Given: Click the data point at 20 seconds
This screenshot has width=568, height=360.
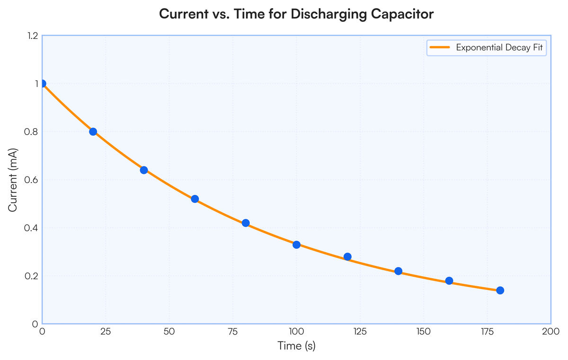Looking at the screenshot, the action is click(93, 132).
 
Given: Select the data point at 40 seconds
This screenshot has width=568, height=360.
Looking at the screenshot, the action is click(144, 170).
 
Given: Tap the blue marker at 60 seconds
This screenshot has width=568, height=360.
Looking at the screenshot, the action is click(195, 199).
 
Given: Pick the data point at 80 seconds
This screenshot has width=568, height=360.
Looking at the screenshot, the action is click(246, 223).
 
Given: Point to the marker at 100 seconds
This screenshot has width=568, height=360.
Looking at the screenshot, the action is click(296, 245).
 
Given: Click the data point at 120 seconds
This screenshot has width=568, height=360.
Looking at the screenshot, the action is click(347, 257).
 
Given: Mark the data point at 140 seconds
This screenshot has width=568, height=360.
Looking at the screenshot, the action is click(399, 271).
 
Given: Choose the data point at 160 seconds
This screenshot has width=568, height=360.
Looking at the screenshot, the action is click(449, 281).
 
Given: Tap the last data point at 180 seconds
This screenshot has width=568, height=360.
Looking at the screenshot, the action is click(500, 290).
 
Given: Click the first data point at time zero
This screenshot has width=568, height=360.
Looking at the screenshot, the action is click(42, 84).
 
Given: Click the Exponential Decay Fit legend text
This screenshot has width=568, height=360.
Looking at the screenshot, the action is click(499, 48).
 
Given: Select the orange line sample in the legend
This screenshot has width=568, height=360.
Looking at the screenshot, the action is click(440, 47).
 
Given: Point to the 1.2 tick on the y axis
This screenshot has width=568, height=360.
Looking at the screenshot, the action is click(33, 36).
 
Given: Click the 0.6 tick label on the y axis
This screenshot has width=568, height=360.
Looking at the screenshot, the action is click(31, 180).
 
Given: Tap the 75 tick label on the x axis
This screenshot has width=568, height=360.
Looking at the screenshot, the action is click(232, 332).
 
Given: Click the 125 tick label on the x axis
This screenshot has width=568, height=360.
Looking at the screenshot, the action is click(360, 332).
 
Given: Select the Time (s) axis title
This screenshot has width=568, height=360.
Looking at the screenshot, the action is click(296, 346).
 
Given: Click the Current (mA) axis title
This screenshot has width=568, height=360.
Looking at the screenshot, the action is click(12, 180).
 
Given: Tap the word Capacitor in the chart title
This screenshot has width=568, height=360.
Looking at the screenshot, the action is click(402, 14).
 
